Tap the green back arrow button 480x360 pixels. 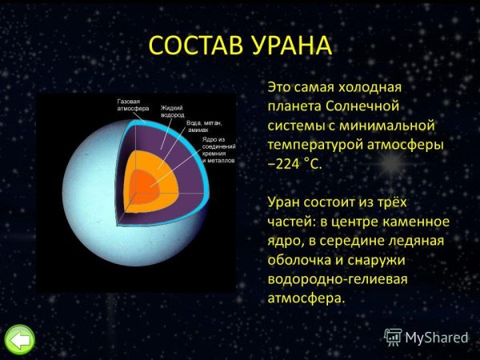pos(20,339)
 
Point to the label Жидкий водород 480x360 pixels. pos(172,111)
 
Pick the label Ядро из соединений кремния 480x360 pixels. pos(218,150)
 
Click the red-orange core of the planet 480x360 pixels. pos(144,190)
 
